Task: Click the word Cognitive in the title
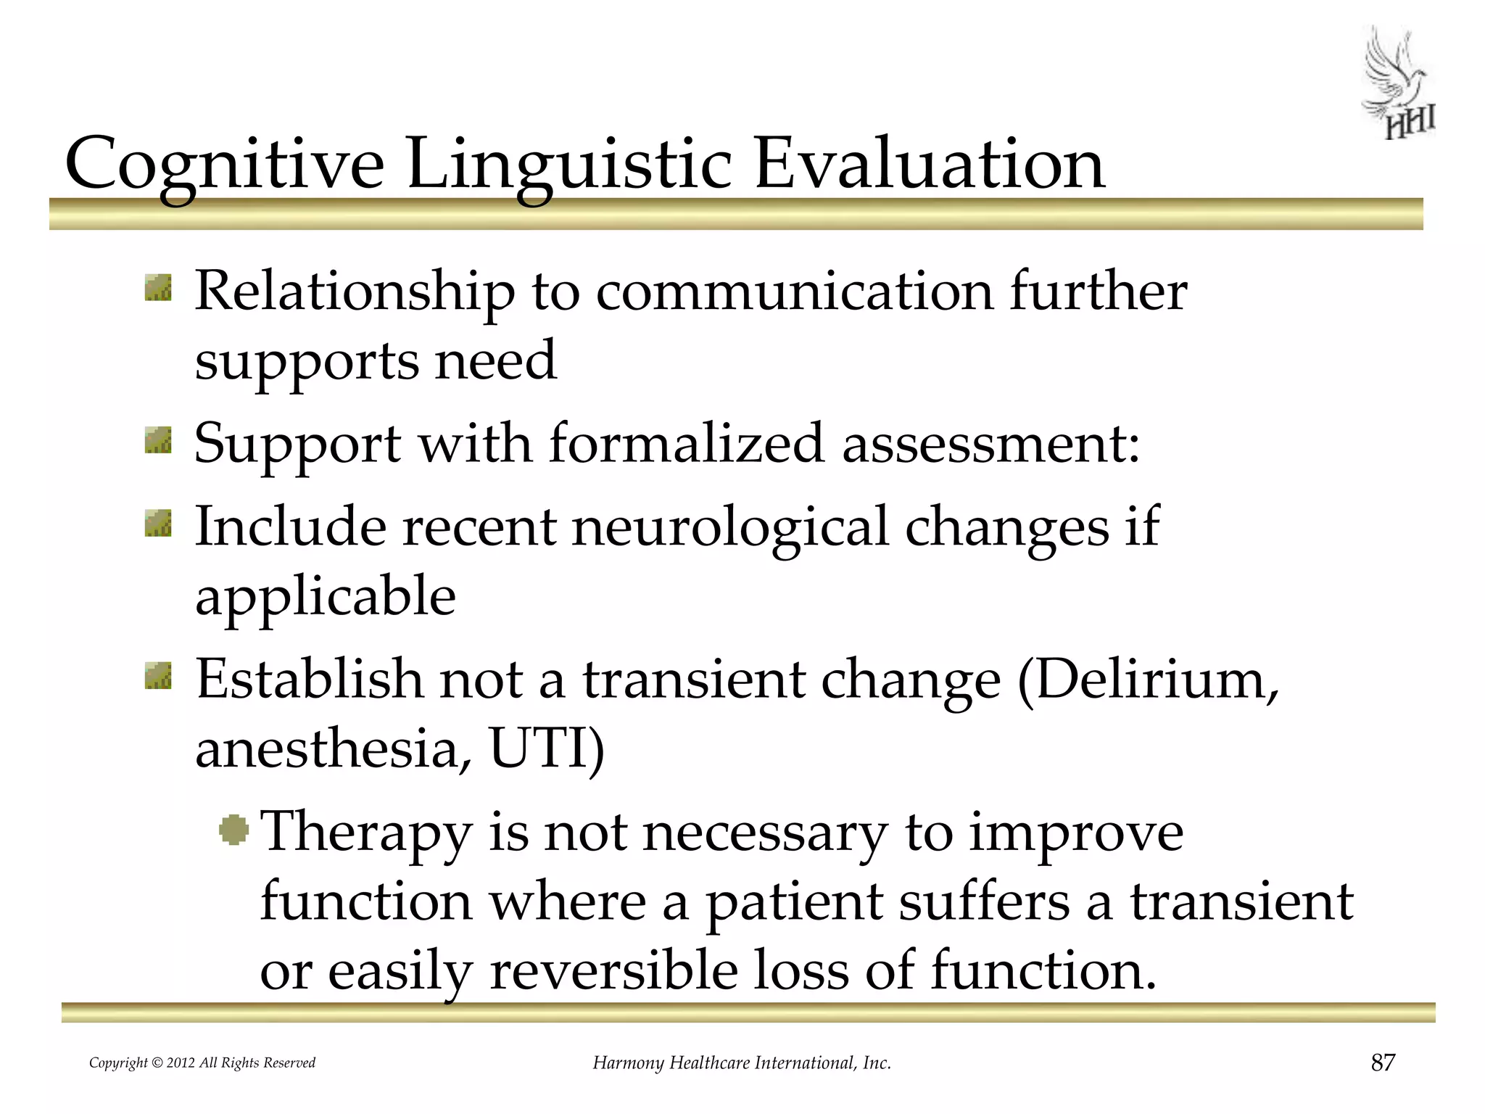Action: point(224,165)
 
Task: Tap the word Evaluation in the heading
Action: point(930,163)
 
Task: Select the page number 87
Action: point(1383,1063)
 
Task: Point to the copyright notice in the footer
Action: point(202,1063)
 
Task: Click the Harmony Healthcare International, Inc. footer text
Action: point(742,1063)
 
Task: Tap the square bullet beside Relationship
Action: point(158,287)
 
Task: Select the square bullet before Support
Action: point(158,440)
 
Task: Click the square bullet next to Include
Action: point(158,523)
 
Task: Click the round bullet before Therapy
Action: point(233,829)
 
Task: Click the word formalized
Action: point(686,443)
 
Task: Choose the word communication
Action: point(794,291)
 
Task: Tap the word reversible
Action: point(613,970)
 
